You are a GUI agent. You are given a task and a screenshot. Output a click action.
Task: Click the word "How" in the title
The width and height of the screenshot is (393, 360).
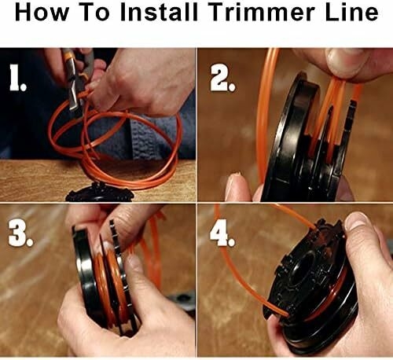pyautogui.click(x=42, y=13)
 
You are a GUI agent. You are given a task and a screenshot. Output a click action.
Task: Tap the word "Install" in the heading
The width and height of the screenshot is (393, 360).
pyautogui.click(x=159, y=13)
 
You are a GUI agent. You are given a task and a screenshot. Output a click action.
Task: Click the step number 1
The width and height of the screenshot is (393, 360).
pyautogui.click(x=17, y=78)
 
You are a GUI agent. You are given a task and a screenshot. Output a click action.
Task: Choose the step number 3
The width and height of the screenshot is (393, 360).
pyautogui.click(x=20, y=233)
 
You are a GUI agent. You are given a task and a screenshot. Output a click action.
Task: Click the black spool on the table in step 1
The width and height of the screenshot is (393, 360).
pyautogui.click(x=101, y=193)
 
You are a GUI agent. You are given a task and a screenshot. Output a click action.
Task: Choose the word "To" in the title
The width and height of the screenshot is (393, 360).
pyautogui.click(x=95, y=13)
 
